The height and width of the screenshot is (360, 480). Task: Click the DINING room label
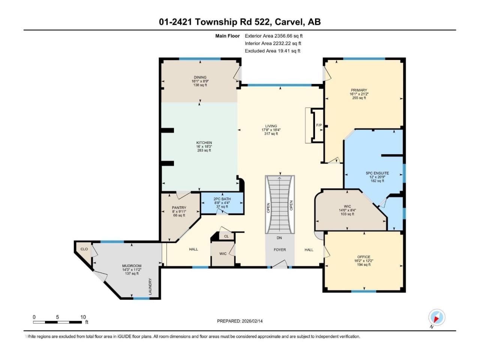[x=200, y=77]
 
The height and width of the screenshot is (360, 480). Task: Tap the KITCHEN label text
[x=204, y=142]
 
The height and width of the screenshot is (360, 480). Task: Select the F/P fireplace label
[x=319, y=125]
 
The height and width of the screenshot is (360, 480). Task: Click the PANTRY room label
[x=179, y=207]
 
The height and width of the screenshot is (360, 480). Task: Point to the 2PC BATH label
[x=222, y=199]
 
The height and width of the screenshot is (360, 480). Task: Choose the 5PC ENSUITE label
[x=377, y=173]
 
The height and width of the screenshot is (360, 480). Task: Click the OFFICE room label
[x=364, y=256]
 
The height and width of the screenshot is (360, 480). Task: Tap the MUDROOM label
[x=132, y=265]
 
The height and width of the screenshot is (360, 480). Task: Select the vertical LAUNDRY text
[x=150, y=286]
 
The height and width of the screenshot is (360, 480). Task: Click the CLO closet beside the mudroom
[x=84, y=249]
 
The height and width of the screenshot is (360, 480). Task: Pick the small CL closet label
[x=226, y=236]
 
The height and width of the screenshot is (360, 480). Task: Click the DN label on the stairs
[x=279, y=238]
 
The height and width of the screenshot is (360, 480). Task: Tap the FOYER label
[x=280, y=249]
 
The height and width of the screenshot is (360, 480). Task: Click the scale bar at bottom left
[x=57, y=322]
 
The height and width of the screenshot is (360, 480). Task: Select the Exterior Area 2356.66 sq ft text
[x=274, y=36]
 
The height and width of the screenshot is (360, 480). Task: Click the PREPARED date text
[x=240, y=321]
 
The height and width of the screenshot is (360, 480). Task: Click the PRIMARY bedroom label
[x=358, y=90]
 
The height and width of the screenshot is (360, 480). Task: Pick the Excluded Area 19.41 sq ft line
[x=273, y=51]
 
